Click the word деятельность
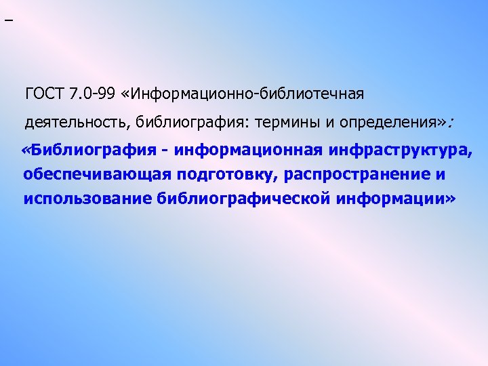[x=77, y=122]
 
